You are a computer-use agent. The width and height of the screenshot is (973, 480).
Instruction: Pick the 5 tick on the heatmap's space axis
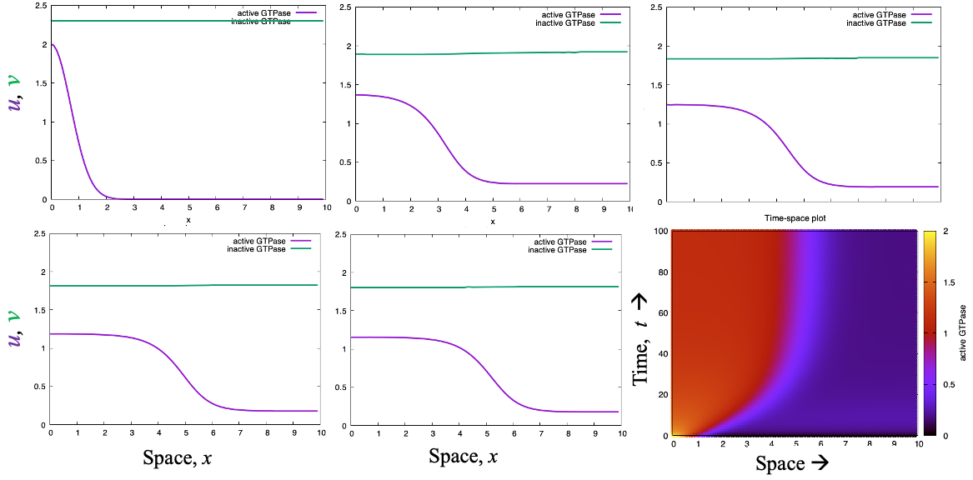796,444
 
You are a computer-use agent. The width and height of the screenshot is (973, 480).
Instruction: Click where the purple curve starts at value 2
53,45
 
